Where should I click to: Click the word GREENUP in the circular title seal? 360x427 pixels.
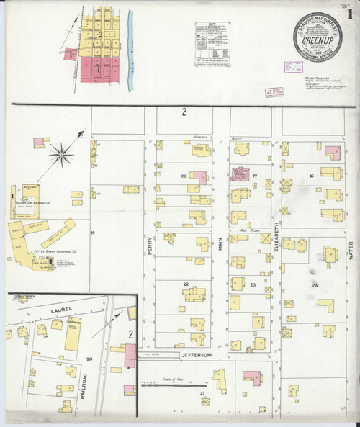pos(317,40)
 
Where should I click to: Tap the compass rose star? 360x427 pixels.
pos(63,152)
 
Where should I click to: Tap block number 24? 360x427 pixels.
pos(315,286)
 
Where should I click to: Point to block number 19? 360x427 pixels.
pos(93,233)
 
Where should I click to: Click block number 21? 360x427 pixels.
pos(203,393)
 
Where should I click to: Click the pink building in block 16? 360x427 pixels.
pos(332,152)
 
